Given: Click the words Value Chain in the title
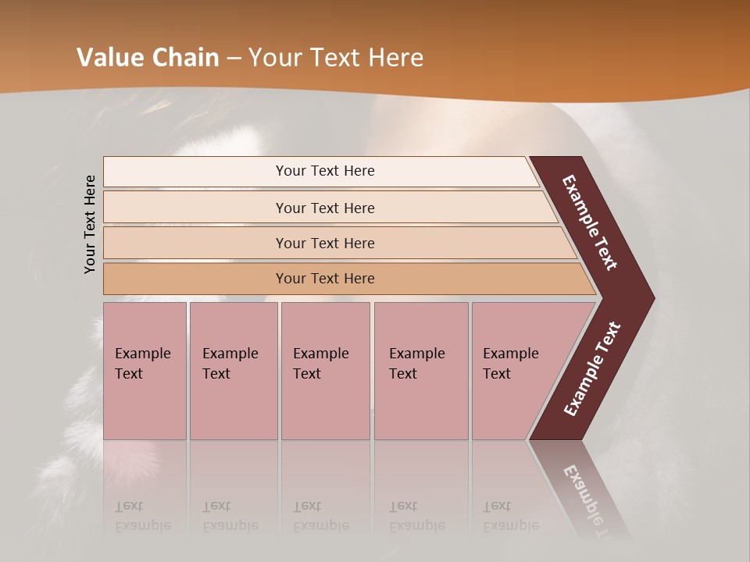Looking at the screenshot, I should (148, 58).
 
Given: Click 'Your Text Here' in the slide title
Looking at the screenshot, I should (336, 58).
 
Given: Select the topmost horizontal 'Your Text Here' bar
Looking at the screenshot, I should (325, 171).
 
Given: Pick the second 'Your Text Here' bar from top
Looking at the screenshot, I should (325, 208).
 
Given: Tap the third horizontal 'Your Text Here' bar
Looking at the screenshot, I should (325, 243).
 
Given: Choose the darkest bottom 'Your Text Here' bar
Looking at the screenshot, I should (325, 279).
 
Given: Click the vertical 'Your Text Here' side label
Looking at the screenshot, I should (90, 224).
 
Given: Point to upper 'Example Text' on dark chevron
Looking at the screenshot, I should (590, 222).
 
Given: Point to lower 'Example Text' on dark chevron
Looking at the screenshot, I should (592, 369).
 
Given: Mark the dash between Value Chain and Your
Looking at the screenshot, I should (234, 59).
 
